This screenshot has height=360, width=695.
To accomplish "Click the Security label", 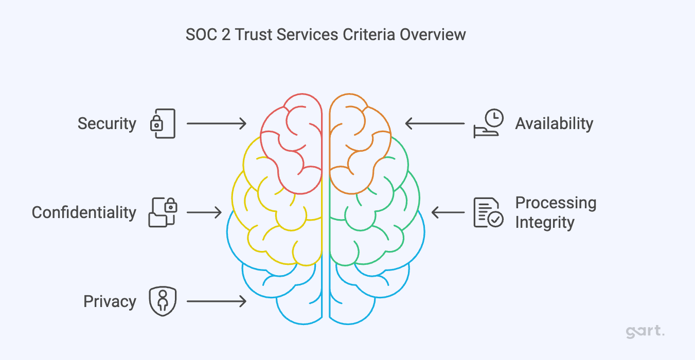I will tap(107, 124).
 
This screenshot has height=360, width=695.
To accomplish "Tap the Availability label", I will tap(554, 124).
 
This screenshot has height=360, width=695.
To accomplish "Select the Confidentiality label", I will tap(84, 213).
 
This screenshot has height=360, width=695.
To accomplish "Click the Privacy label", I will tap(110, 302).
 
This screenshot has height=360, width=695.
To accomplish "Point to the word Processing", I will tap(556, 203).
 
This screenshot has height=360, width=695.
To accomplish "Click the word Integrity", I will tap(544, 223).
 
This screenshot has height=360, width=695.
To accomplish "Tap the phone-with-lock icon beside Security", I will tap(163, 123).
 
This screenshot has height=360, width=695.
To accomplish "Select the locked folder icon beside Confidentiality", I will tap(163, 212).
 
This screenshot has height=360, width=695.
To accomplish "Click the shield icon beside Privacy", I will tap(163, 301).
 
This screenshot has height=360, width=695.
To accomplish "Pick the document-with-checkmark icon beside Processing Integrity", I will tap(488, 212).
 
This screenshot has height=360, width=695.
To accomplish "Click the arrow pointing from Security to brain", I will tap(216, 123).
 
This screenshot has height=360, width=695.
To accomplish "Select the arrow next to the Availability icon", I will tap(435, 123).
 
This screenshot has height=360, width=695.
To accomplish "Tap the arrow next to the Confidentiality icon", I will tap(204, 212).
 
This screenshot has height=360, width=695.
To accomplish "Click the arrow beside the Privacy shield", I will tap(216, 301).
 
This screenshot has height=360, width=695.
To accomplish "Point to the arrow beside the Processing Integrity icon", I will tap(448, 212).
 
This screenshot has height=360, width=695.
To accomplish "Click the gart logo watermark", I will tap(645, 332).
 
